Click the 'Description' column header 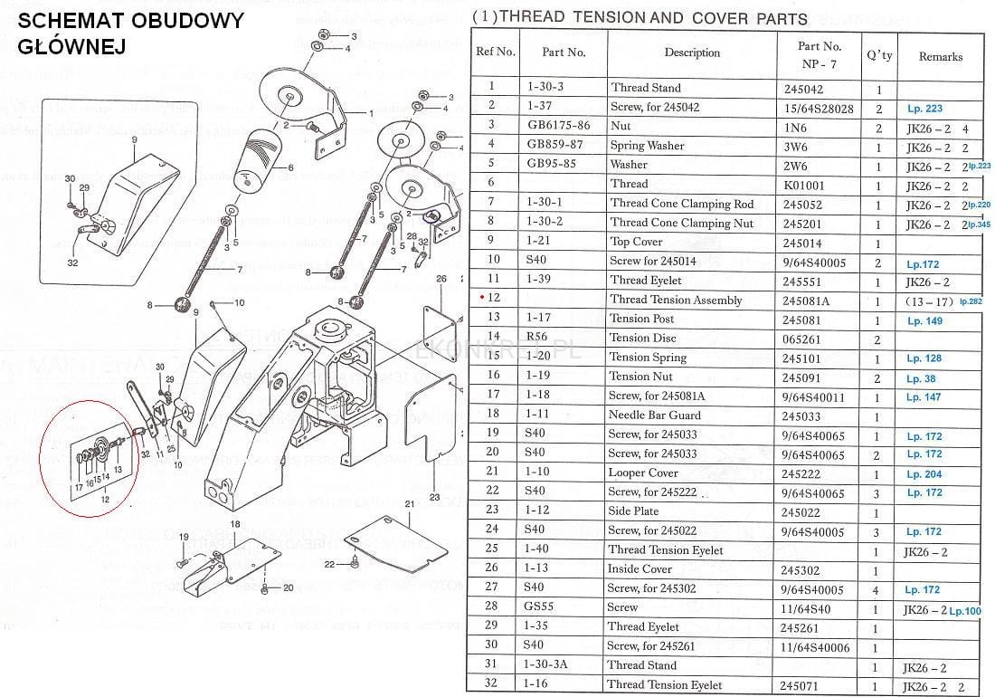coord(692,53)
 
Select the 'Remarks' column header coord(940,56)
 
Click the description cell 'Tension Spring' coord(648,358)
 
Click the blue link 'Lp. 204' coord(924,474)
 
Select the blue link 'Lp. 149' coord(924,320)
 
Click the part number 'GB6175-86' coord(558,127)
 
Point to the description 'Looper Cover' coord(643,473)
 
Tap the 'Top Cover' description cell coord(636,243)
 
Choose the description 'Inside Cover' coord(640,569)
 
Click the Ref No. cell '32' coord(493,685)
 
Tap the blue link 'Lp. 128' coord(924,358)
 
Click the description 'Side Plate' coord(634,511)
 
